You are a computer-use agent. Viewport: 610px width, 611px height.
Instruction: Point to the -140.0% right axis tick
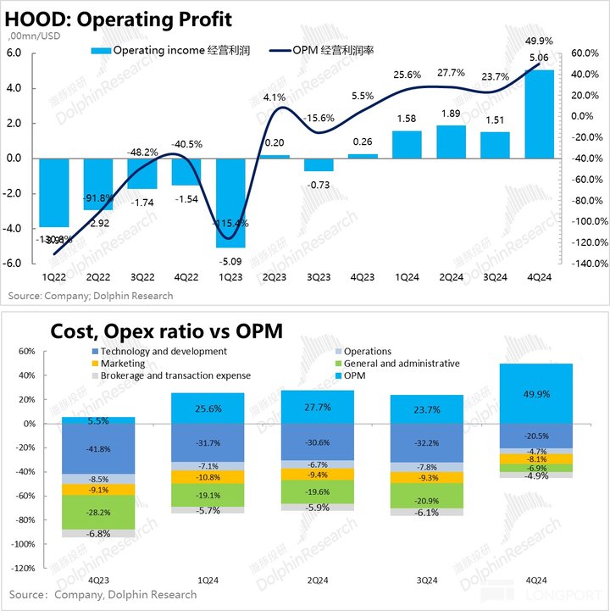[584, 264]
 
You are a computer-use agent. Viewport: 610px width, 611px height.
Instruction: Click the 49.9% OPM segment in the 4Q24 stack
[537, 393]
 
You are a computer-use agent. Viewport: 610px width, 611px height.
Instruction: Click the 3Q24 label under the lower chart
[429, 580]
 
